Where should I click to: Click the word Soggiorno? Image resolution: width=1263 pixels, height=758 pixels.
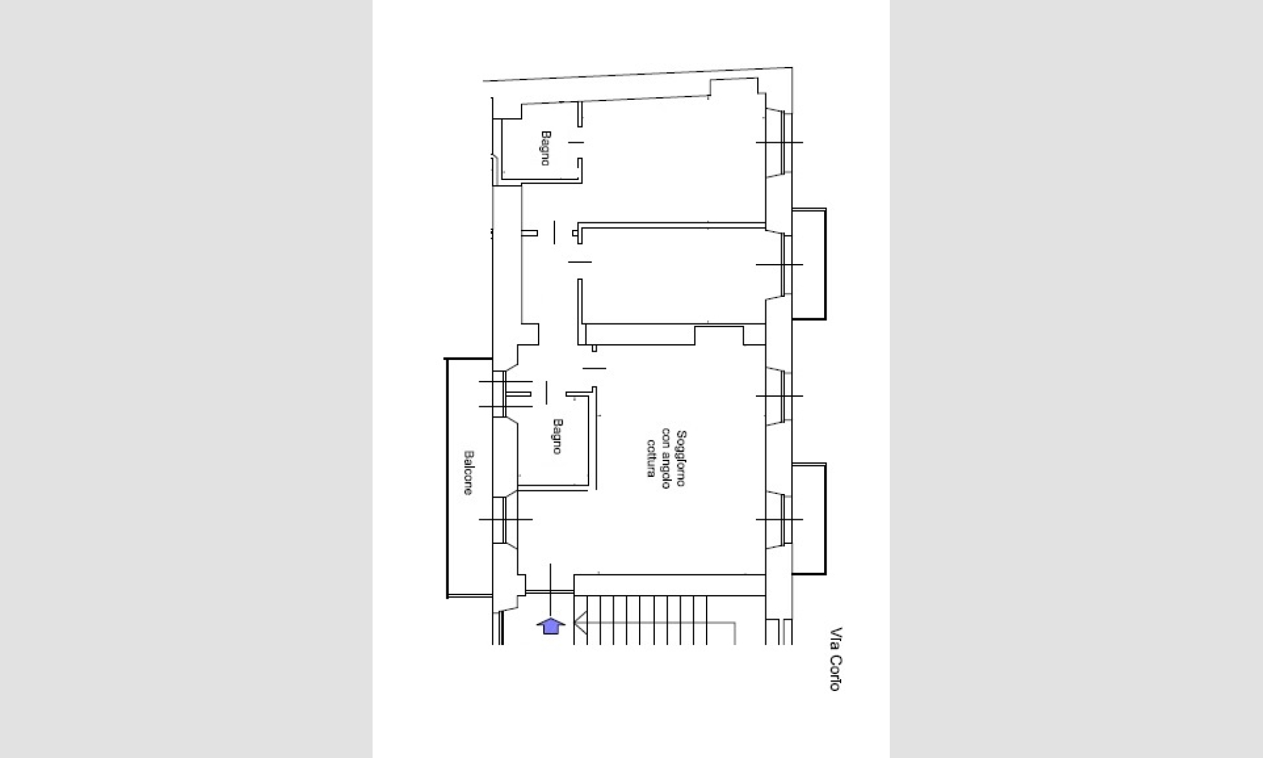pos(680,458)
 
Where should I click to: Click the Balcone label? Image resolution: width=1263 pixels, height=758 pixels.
pos(469,472)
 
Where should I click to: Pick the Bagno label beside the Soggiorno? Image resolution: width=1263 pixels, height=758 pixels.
pos(557,436)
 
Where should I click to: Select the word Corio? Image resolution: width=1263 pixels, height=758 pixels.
pos(835,672)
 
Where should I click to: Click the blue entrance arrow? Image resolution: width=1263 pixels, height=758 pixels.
pos(551,625)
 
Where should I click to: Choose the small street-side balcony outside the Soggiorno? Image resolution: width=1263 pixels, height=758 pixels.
pos(809,519)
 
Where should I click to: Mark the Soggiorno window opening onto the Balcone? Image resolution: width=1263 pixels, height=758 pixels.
pos(505,519)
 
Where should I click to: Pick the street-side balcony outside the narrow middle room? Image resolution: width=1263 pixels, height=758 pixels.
pos(809,264)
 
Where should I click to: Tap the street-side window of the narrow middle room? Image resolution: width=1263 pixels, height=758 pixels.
pos(780,264)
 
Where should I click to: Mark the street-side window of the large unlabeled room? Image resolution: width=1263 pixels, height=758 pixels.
pos(780,142)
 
